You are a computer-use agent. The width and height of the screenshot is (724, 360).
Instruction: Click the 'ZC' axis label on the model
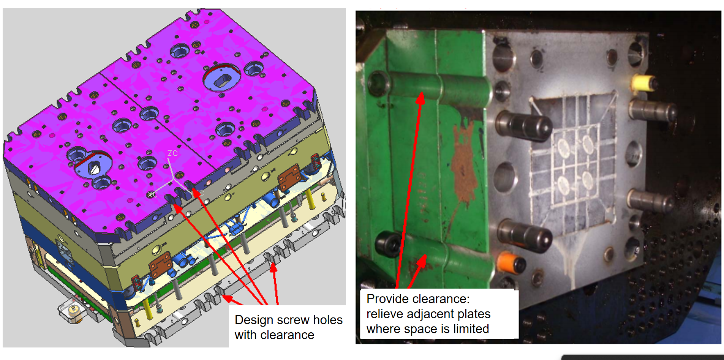tap(172, 153)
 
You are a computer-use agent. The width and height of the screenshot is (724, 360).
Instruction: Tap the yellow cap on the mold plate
tap(644, 83)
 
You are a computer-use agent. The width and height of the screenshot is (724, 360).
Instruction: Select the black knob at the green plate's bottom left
tap(387, 243)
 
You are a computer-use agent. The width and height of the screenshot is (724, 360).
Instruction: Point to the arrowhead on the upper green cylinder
tap(420, 98)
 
